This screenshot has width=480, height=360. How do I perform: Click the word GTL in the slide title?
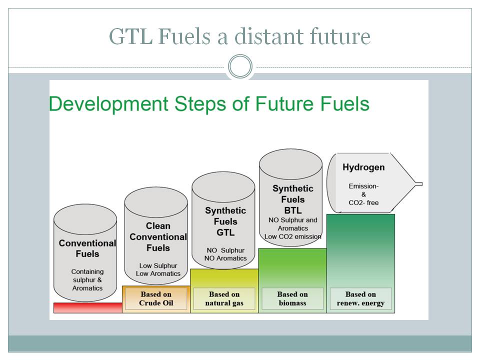click(x=130, y=36)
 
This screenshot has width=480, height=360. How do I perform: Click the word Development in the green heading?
click(x=108, y=104)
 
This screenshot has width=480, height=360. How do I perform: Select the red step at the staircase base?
click(x=88, y=307)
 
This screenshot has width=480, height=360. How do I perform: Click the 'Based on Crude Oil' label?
click(x=156, y=298)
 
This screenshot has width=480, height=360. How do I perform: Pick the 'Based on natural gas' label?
click(x=224, y=298)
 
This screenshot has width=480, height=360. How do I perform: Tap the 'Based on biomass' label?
click(x=292, y=298)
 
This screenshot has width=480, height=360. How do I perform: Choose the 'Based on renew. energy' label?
click(x=360, y=298)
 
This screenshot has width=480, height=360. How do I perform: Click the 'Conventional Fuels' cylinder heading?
click(x=87, y=248)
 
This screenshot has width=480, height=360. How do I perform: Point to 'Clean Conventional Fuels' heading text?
click(x=158, y=236)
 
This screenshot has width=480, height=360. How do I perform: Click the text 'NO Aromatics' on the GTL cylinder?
click(x=225, y=258)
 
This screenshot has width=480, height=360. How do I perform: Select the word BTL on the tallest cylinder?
click(x=293, y=210)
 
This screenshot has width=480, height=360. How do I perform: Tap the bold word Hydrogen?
click(x=363, y=167)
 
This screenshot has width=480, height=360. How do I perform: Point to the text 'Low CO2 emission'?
click(x=293, y=236)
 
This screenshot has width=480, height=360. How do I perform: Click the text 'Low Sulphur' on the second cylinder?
click(x=158, y=265)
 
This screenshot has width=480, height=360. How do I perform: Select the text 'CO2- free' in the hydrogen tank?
click(x=363, y=202)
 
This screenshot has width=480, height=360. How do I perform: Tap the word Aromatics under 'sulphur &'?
click(x=87, y=288)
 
